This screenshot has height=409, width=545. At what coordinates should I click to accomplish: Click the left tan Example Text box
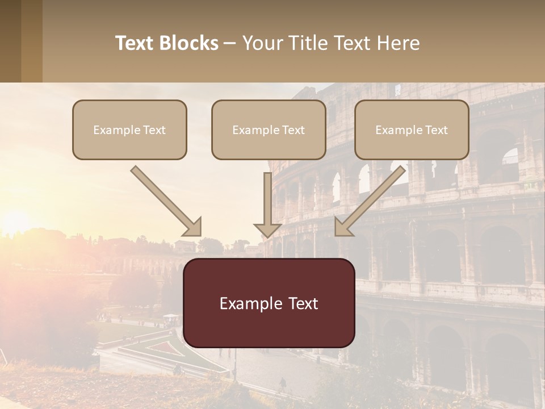129,130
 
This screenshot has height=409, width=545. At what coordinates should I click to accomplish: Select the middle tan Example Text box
269,130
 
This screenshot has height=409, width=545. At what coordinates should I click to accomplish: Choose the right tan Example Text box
412,130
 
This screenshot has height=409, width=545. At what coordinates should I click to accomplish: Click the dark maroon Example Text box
269,303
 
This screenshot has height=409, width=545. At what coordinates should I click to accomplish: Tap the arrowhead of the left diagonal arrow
193,227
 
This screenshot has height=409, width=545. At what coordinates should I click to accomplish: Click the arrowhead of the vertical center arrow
267,230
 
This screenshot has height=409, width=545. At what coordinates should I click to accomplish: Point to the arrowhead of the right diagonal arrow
343,227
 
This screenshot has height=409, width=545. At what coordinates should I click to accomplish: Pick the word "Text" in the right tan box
437,130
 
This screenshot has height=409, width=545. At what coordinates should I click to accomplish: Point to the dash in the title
230,43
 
